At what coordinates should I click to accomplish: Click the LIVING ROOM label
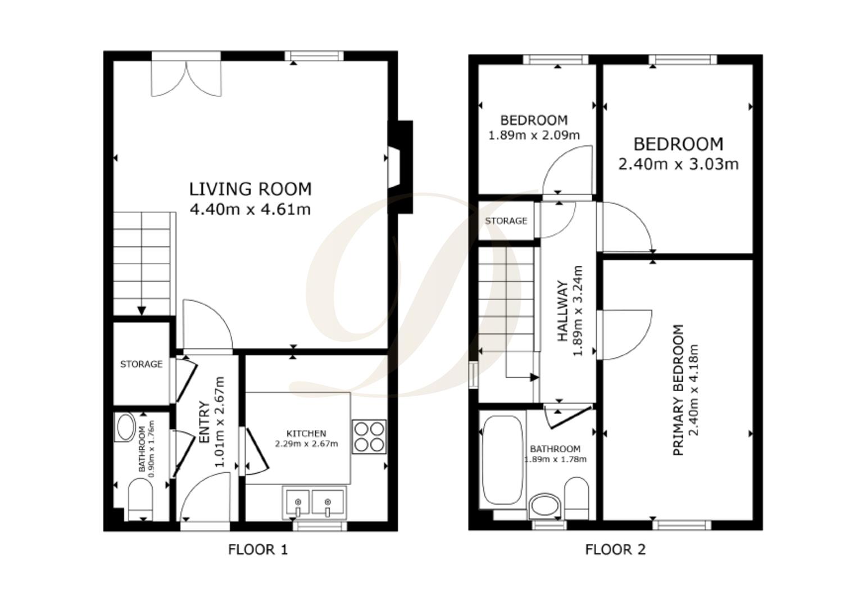coord(250,189)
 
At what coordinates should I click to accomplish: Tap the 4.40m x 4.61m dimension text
coord(250,210)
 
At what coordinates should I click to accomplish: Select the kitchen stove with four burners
coord(369,437)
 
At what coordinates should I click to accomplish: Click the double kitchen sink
coord(314,502)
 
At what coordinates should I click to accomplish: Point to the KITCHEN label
coord(306,433)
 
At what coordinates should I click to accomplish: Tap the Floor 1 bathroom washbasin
coord(125,427)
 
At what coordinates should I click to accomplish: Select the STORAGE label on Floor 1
coord(141,364)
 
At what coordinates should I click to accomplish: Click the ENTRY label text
coord(205,422)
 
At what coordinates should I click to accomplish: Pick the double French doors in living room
coord(187,78)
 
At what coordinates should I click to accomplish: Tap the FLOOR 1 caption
coord(258,549)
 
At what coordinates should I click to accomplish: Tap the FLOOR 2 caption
coord(615,549)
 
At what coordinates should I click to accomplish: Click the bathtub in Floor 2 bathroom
coord(502,460)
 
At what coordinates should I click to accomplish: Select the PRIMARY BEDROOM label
coord(678,390)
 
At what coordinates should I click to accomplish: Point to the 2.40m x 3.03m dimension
coord(678,164)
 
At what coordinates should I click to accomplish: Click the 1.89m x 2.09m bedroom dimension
coord(534,135)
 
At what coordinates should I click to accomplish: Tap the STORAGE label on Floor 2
coord(506,221)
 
